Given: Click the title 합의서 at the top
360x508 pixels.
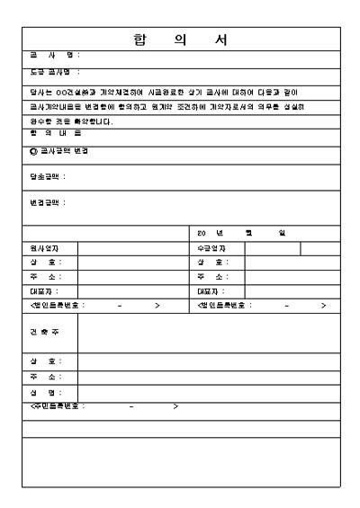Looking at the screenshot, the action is click(181, 40).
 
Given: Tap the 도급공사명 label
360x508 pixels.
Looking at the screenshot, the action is click(54, 72).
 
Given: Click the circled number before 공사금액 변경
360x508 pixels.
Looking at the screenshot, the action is click(32, 150).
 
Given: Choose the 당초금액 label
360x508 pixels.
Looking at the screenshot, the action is click(48, 177).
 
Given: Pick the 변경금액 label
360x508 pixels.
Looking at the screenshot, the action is click(48, 203).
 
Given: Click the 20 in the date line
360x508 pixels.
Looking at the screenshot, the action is click(202, 233).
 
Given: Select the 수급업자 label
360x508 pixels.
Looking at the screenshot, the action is click(211, 248).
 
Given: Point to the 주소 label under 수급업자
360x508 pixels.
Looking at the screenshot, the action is click(213, 277).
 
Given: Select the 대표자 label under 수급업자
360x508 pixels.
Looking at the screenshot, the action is click(212, 291).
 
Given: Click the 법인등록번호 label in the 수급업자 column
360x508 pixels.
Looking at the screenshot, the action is click(226, 306).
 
